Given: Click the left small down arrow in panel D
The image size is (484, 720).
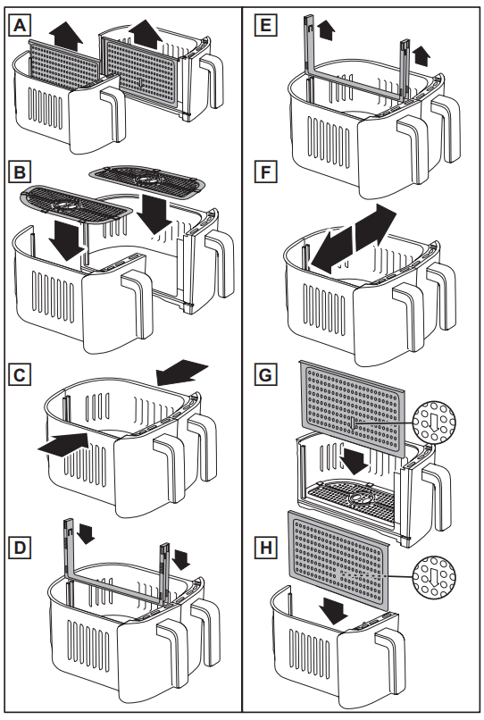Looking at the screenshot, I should tap(85, 534).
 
